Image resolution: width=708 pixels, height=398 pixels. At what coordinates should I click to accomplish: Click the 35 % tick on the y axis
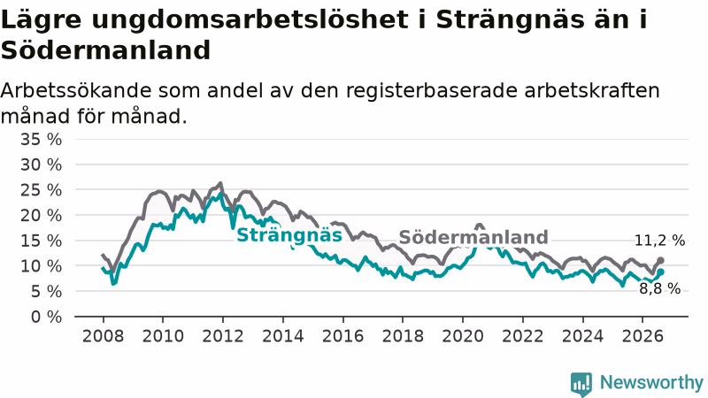pyautogui.click(x=41, y=140)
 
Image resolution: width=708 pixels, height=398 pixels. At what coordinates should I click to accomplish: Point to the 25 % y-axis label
pyautogui.click(x=41, y=190)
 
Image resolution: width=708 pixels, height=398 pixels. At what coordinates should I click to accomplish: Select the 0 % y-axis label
pyautogui.click(x=47, y=317)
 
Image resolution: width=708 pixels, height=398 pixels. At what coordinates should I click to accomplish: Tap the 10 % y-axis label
pyautogui.click(x=41, y=266)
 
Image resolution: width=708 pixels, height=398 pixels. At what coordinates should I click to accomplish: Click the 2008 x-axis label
pyautogui.click(x=103, y=336)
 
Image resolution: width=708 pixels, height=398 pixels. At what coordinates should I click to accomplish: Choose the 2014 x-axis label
pyautogui.click(x=283, y=336)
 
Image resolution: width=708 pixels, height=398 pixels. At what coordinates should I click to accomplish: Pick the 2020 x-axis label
pyautogui.click(x=463, y=336)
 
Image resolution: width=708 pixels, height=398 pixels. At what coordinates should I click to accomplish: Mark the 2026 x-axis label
pyautogui.click(x=643, y=336)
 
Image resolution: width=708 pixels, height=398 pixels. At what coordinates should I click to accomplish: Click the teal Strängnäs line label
pyautogui.click(x=289, y=235)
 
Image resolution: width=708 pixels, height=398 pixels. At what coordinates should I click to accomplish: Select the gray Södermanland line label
pyautogui.click(x=473, y=237)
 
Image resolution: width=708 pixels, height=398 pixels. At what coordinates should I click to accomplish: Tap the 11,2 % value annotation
pyautogui.click(x=659, y=241)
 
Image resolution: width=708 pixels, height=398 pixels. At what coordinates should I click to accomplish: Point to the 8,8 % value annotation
pyautogui.click(x=659, y=289)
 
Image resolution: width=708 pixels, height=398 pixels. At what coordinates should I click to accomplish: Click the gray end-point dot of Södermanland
pyautogui.click(x=660, y=260)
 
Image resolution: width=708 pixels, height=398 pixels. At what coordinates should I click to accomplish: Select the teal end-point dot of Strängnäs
pyautogui.click(x=660, y=272)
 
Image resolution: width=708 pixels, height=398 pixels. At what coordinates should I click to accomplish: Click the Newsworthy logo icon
pyautogui.click(x=581, y=384)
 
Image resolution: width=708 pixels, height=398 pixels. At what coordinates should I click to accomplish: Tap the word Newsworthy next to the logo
pyautogui.click(x=651, y=383)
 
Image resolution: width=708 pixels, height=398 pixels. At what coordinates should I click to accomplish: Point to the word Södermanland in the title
pyautogui.click(x=105, y=50)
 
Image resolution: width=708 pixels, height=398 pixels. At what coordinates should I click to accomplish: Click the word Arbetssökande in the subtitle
pyautogui.click(x=76, y=91)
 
